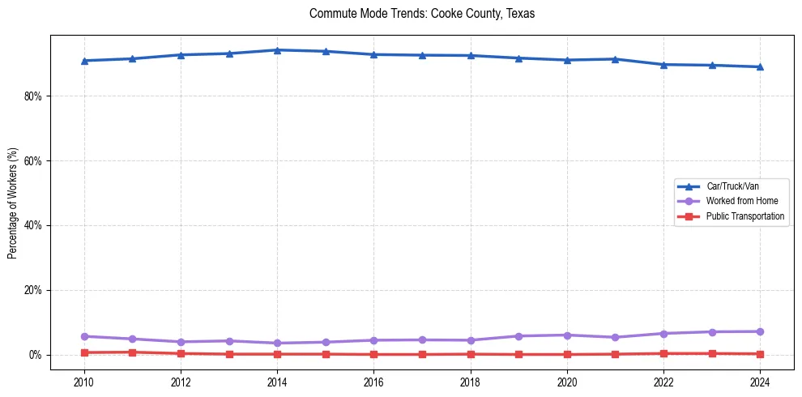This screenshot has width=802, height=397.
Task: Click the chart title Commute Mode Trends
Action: (x=422, y=14)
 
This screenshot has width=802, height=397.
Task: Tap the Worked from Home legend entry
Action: (x=741, y=201)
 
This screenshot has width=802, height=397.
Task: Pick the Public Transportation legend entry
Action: (x=745, y=216)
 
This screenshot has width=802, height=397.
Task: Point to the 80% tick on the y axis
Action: (x=33, y=96)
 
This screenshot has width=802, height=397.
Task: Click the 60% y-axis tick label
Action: (x=33, y=160)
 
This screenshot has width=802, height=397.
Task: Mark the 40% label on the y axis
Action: (x=33, y=225)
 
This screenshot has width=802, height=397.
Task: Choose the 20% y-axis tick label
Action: (x=33, y=290)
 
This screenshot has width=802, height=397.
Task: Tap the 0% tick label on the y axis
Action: (x=36, y=355)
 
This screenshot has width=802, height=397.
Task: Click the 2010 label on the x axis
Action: (x=83, y=380)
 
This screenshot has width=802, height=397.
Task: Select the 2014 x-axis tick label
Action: (x=277, y=380)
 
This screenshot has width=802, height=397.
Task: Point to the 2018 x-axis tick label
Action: (x=471, y=380)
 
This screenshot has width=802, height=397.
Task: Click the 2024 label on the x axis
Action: (x=760, y=380)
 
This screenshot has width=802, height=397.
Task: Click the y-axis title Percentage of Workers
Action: (x=13, y=203)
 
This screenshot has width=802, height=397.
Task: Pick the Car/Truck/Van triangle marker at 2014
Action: (x=277, y=50)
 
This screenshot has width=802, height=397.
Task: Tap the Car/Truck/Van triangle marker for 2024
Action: (x=760, y=66)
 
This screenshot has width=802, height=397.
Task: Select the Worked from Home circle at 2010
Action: (x=83, y=336)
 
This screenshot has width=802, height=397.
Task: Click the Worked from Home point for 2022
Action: (x=663, y=334)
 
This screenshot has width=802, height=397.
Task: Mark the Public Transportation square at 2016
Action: (x=373, y=354)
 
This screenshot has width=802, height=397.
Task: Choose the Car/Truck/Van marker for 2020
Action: (x=567, y=60)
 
